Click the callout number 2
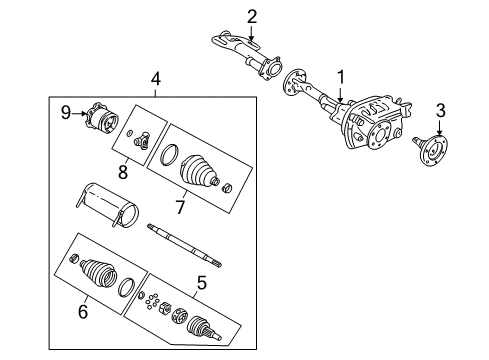click(x=252, y=15)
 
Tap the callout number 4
click(x=155, y=78)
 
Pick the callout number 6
click(x=83, y=312)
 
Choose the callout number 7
click(x=180, y=207)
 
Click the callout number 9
click(x=66, y=113)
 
